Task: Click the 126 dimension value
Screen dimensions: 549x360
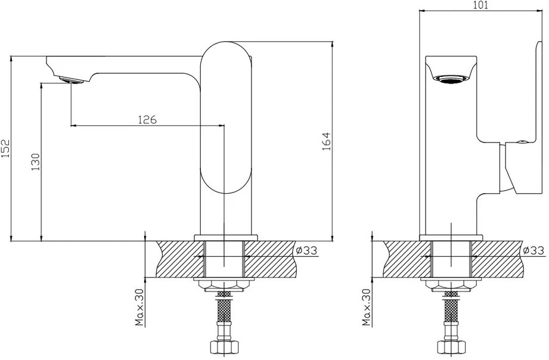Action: (x=147, y=120)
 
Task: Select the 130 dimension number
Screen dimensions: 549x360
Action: (x=36, y=162)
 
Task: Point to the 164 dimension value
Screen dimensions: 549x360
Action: (x=326, y=141)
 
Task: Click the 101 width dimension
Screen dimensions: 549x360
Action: (x=480, y=5)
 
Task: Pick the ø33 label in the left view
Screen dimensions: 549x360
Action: (x=306, y=250)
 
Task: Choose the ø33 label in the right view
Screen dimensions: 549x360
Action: (x=534, y=250)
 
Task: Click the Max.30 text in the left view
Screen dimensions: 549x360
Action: (x=140, y=308)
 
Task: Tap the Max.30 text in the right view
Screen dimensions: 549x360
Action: (x=367, y=308)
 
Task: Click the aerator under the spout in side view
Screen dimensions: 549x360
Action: (x=72, y=80)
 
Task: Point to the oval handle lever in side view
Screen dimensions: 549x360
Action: (x=226, y=117)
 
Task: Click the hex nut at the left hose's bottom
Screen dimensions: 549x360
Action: (x=224, y=347)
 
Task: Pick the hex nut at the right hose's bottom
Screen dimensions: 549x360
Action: (x=451, y=347)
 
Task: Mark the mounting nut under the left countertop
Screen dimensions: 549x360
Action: (x=224, y=285)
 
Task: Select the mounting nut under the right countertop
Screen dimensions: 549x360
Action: (x=451, y=285)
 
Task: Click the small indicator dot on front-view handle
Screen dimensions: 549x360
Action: (x=522, y=142)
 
